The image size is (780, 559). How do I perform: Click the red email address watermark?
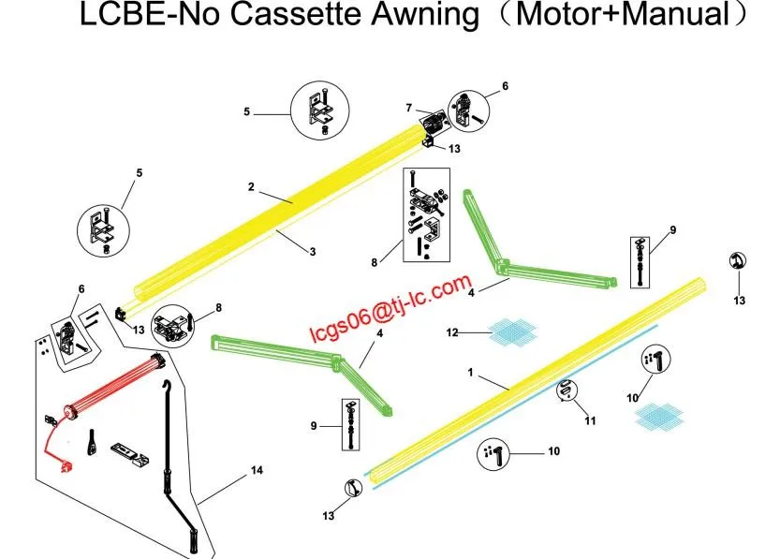pos(390,306)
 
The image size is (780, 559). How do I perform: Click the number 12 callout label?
pos(451,331)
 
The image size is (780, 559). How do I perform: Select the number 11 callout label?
pos(589,421)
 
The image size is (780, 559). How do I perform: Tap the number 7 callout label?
pos(408,108)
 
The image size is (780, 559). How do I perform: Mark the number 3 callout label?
pos(312,250)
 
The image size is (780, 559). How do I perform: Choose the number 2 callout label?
pos(251,187)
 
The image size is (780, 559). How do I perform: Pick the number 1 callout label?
pos(471,372)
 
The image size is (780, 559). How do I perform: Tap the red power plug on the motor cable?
pos(64,463)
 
